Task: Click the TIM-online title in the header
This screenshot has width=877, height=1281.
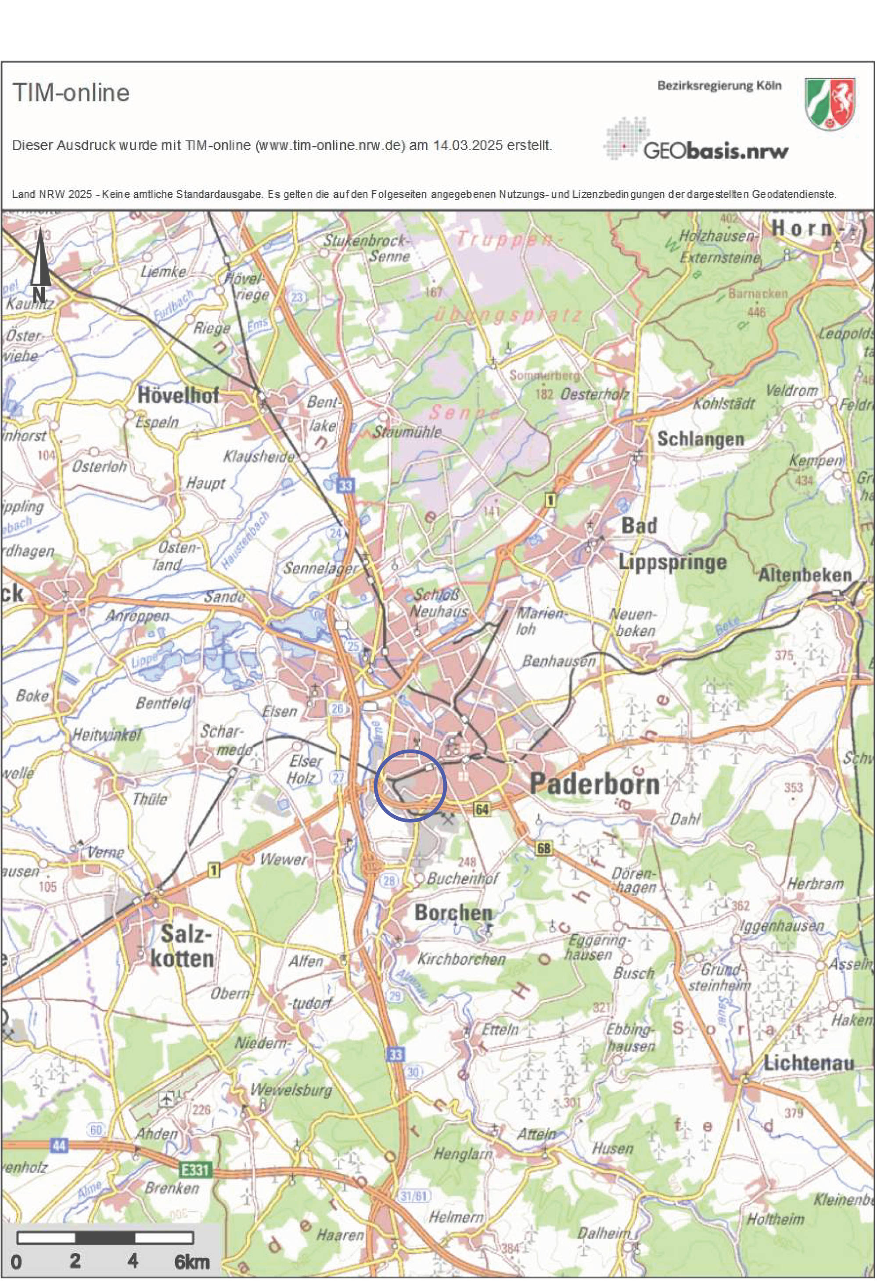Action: point(71,93)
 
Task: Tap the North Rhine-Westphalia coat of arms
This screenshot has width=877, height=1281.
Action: point(830,103)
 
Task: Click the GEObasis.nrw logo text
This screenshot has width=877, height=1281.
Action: point(715,151)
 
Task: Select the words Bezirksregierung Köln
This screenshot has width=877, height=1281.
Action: point(719,86)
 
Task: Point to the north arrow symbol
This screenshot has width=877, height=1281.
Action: point(40,265)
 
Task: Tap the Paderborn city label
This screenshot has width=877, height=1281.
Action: point(594,784)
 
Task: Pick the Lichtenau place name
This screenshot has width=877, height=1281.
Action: point(808,1063)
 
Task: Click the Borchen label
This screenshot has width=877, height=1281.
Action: point(453,912)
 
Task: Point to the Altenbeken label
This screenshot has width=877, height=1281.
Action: point(805,575)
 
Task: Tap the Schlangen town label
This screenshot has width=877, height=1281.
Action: point(700,439)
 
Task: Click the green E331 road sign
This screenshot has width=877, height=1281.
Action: point(196,1165)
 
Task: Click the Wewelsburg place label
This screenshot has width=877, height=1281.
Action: point(291,1090)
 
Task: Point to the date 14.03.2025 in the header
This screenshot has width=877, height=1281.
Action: point(467,146)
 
